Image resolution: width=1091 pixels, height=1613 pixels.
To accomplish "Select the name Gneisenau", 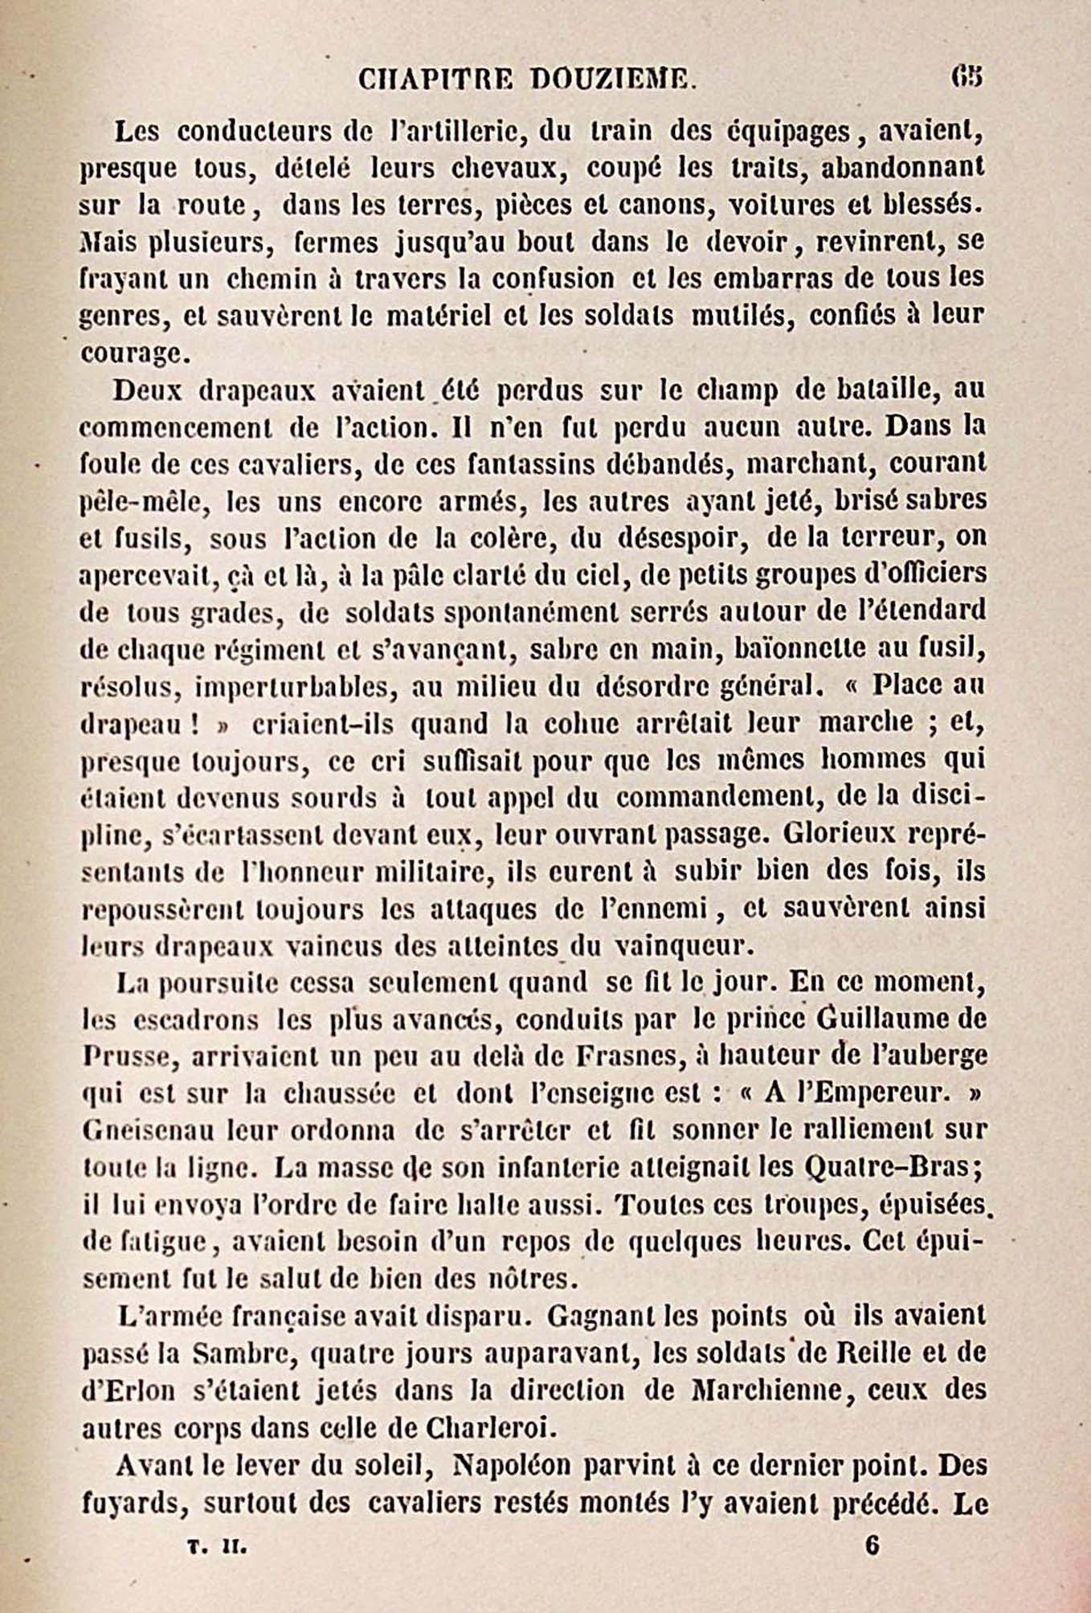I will click(149, 1130).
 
